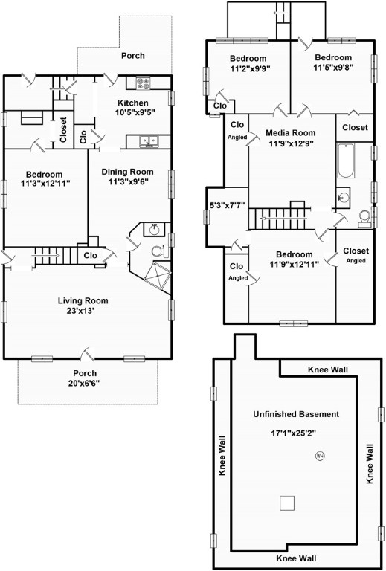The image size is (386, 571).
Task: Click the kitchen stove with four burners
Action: coord(143,83)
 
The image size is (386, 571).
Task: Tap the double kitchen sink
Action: coord(149,141)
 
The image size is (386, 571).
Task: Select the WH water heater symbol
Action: coord(320,455)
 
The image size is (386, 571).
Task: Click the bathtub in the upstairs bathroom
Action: coord(345,161)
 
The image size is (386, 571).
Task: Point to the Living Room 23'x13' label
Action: coord(83,306)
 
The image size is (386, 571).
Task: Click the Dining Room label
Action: coord(127,172)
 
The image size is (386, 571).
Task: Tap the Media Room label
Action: coord(290,133)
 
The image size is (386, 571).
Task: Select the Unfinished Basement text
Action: coord(296,414)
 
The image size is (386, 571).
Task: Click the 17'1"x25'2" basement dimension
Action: coord(293,433)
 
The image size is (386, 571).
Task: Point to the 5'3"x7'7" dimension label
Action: coord(228,205)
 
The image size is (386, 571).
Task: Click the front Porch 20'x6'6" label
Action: coord(85,378)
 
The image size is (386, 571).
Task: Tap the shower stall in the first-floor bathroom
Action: coord(158,276)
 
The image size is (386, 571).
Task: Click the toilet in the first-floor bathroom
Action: coord(159,251)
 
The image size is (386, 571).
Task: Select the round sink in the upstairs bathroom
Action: coord(343,197)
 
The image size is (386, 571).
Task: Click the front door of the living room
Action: coord(88,354)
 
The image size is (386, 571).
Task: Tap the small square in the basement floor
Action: coord(286,503)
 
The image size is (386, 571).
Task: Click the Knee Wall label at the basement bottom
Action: coord(296,558)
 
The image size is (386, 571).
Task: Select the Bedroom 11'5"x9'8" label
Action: coord(333,62)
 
